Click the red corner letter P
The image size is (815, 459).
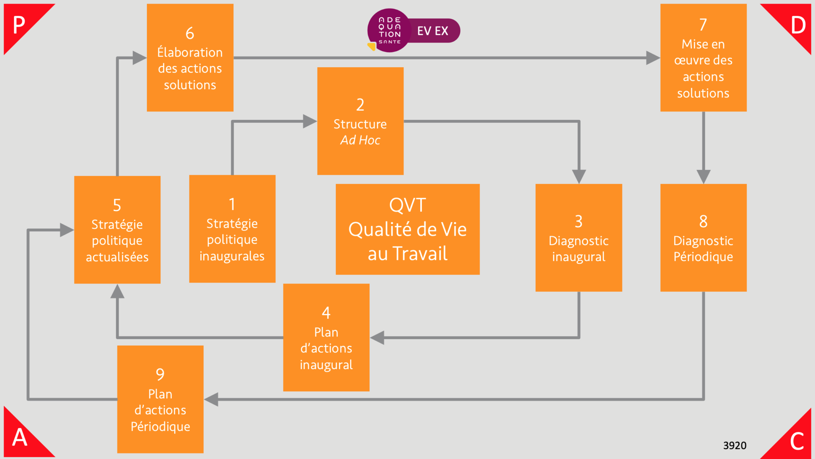tap(19, 25)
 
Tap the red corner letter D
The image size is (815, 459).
tap(798, 25)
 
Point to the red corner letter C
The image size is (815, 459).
tap(797, 441)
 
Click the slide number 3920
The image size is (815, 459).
tap(735, 445)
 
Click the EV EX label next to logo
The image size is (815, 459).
tap(433, 31)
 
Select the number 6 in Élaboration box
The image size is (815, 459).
tap(190, 33)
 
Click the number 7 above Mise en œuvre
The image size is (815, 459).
tap(703, 25)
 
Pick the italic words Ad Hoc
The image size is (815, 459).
tap(360, 140)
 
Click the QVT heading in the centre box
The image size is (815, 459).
tap(407, 205)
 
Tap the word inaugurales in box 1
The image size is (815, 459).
tap(232, 256)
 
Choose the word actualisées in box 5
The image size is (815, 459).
tap(117, 257)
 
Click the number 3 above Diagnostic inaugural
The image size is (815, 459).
tap(579, 221)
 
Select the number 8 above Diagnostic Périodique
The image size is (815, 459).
tap(703, 221)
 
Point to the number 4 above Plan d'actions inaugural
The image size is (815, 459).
tap(326, 313)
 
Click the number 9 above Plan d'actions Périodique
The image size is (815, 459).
tap(160, 374)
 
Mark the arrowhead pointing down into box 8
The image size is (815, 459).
tap(704, 176)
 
